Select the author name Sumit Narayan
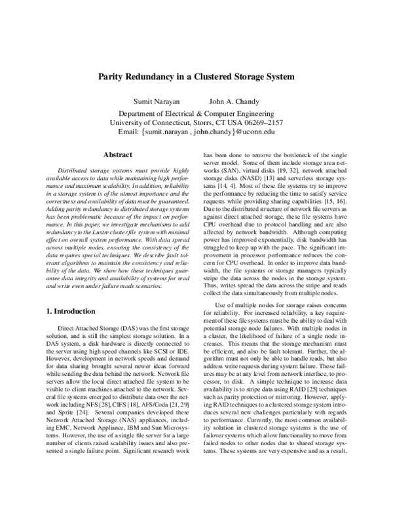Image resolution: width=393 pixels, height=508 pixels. coord(156,102)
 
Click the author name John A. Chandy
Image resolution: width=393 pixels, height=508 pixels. coord(234,102)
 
